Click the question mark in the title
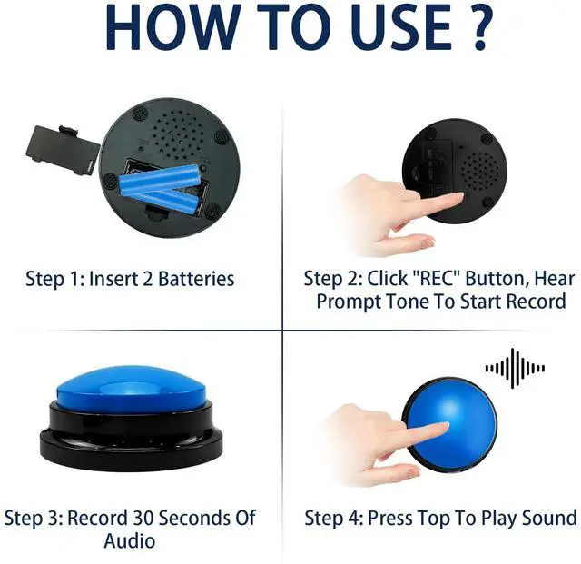481,27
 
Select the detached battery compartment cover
62,150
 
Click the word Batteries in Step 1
196,279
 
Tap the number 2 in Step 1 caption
147,279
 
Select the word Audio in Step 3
129,540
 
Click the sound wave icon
515,368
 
